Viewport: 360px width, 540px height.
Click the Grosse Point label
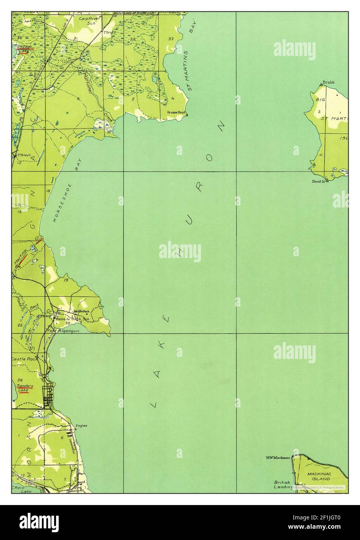pyautogui.click(x=175, y=112)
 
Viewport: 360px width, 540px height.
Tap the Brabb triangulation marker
pyautogui.click(x=320, y=84)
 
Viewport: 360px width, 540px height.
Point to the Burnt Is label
pyautogui.click(x=318, y=181)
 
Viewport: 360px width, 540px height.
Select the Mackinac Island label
pyautogui.click(x=318, y=477)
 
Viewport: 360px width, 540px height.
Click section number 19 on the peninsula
pyautogui.click(x=66, y=280)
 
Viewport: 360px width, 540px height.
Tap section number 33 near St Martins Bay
pyautogui.click(x=171, y=39)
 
